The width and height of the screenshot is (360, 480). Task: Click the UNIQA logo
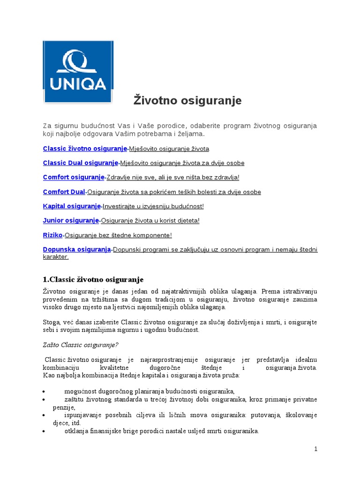(x=77, y=71)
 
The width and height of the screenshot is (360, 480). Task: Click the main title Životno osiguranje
(x=187, y=100)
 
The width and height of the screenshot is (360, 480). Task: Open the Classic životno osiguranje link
(x=85, y=149)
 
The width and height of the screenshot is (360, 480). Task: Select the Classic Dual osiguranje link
(x=81, y=163)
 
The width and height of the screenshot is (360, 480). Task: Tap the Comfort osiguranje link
(x=74, y=178)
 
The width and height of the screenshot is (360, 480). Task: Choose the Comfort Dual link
(x=64, y=192)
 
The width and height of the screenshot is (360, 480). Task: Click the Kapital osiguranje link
(x=72, y=206)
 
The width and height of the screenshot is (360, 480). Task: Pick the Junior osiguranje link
(x=71, y=220)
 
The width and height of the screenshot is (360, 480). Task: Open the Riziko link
(x=53, y=235)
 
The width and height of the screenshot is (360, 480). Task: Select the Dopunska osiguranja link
(x=76, y=249)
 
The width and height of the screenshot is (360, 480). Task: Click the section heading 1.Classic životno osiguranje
(x=93, y=280)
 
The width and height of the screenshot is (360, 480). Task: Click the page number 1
(x=316, y=449)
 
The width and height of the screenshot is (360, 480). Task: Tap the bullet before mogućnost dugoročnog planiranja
(x=44, y=391)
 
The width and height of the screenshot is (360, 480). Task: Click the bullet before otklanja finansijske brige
(x=44, y=431)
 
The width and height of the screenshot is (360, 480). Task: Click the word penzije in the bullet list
(x=53, y=407)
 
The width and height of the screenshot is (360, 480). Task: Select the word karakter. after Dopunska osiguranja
(x=56, y=257)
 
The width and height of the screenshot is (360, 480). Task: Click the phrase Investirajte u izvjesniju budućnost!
(x=153, y=206)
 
